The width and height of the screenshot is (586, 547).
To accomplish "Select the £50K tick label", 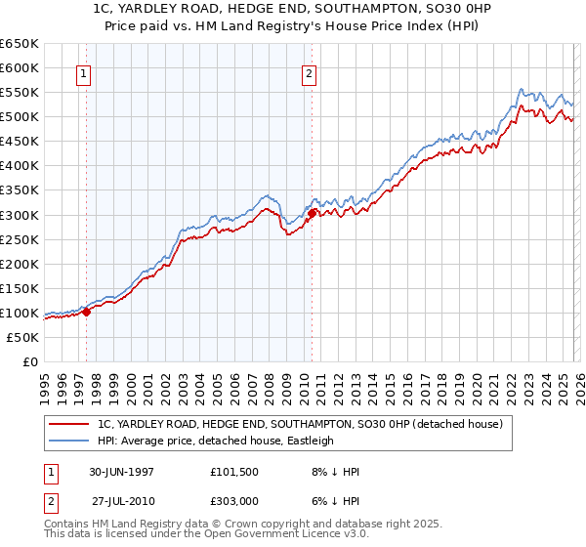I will tap(23, 337).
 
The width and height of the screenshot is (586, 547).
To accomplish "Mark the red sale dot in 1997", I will tap(86, 312).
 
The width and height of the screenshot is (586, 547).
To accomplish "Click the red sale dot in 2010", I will tap(312, 213).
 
